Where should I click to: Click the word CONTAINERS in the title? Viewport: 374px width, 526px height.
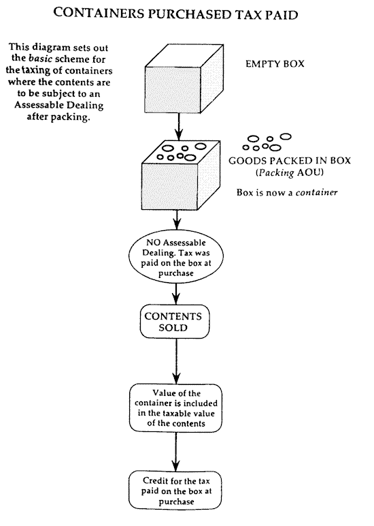point(99,14)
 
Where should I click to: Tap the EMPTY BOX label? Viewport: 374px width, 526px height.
point(275,64)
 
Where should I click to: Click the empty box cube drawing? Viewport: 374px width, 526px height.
point(184,78)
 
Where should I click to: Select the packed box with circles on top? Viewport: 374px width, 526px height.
point(181,175)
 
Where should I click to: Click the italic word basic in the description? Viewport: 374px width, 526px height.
point(41,59)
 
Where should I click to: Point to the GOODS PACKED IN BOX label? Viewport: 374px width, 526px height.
point(290,161)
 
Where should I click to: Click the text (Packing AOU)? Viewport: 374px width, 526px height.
point(290,172)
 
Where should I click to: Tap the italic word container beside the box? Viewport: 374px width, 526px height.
point(316,193)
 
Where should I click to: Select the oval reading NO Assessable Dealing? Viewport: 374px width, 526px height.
point(176,257)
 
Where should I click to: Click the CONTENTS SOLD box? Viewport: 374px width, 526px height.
point(175,322)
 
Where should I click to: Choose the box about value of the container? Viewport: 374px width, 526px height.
point(175,408)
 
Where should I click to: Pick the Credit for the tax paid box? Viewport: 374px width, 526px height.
point(175,491)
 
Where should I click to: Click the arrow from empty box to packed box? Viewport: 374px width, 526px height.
point(179,127)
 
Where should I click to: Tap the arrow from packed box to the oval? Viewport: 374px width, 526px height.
point(177,220)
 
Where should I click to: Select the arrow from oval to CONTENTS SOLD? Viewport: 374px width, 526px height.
point(176,294)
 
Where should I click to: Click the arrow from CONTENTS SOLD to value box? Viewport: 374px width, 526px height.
point(176,361)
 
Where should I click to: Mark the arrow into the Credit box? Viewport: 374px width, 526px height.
point(175,452)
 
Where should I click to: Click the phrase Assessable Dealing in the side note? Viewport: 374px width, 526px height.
point(59,106)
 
